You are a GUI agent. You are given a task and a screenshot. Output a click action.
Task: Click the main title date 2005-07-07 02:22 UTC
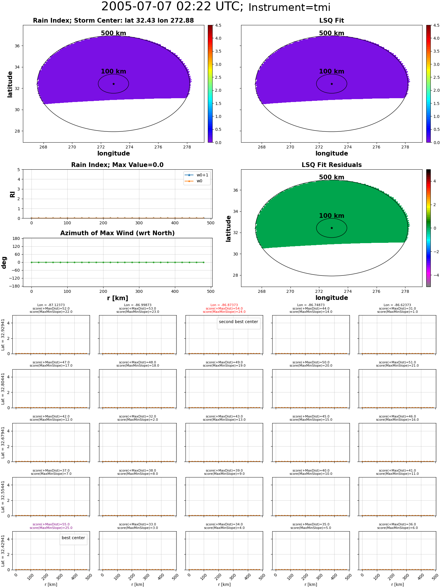coord(172,7)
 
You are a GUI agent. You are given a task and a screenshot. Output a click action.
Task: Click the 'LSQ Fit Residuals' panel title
coord(332,165)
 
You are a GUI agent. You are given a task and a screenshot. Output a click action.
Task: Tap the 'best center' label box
coord(73,538)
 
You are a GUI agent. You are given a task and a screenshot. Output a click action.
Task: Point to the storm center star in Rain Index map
coord(113,84)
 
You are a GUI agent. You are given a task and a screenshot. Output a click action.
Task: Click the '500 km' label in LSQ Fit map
coord(332,33)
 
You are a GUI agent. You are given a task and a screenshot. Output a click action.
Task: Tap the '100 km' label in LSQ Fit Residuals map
coord(332,216)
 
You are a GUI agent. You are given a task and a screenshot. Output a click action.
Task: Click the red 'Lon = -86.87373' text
coord(224,305)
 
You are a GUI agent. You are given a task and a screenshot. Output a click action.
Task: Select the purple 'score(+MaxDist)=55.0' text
coord(51,524)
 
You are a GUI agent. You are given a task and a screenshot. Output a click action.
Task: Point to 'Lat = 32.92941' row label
coord(3,335)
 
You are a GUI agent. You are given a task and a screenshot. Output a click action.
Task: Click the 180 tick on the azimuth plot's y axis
coord(16,238)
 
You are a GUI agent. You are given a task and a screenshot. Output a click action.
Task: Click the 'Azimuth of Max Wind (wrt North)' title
coord(117,233)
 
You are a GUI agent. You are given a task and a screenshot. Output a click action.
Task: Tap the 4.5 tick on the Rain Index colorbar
coord(218,25)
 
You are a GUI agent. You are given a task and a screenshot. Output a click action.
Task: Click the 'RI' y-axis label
coord(12,194)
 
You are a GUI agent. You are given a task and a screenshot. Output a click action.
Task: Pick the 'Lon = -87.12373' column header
coord(51,305)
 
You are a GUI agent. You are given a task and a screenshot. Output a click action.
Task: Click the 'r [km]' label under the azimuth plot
coord(117,298)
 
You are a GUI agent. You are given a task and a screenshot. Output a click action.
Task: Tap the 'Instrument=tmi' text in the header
coord(289,8)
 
